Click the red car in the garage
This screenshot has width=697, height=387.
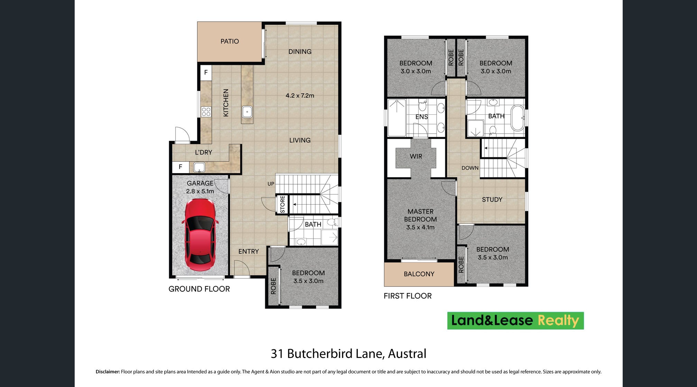click(200, 235)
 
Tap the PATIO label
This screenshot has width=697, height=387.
click(230, 41)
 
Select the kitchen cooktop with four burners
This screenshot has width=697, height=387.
click(206, 112)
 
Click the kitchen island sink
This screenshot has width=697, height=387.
click(247, 112)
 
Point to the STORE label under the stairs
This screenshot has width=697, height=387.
click(282, 204)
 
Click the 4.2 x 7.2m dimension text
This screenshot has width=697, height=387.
click(300, 96)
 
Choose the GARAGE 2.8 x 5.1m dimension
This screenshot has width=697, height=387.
click(200, 191)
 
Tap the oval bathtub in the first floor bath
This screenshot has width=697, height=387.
click(518, 118)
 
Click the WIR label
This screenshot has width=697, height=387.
click(416, 157)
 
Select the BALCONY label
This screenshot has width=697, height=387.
click(419, 274)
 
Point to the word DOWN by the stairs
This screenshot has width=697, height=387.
click(470, 168)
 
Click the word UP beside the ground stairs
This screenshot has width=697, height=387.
click(271, 184)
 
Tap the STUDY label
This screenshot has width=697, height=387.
click(492, 200)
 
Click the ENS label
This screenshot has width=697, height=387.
click(422, 117)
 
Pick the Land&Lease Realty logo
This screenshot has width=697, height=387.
click(515, 321)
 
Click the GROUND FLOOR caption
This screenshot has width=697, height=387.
click(199, 289)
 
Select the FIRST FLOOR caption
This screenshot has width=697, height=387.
click(408, 296)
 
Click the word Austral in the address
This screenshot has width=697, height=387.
click(407, 354)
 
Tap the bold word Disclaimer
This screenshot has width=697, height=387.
click(108, 372)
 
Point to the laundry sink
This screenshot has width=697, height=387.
click(199, 168)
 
